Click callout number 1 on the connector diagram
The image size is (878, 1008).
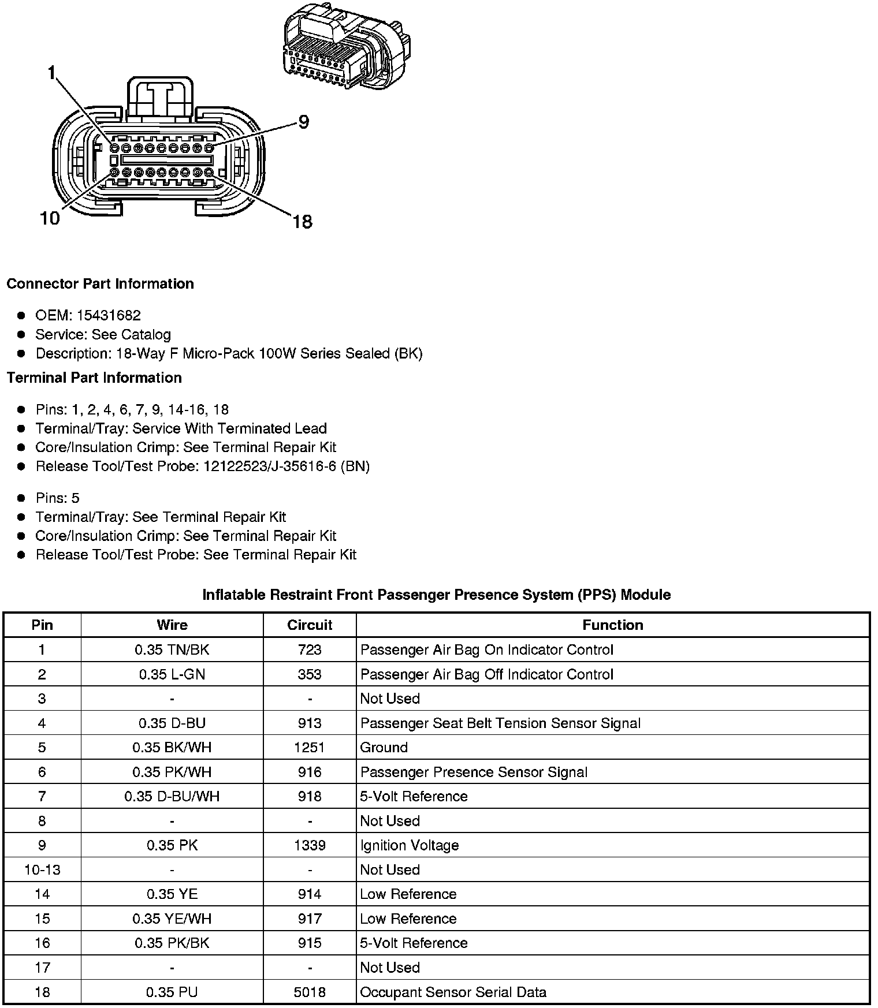coord(52,73)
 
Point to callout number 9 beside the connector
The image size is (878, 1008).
coord(303,122)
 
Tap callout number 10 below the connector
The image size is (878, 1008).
coord(50,219)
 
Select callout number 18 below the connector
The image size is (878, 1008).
coord(302,222)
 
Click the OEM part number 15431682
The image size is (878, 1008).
coord(109,315)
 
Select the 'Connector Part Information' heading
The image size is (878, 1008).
coord(100,283)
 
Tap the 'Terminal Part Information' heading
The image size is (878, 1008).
coord(94,378)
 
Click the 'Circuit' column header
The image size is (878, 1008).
coord(310,625)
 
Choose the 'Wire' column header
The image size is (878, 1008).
coord(172,625)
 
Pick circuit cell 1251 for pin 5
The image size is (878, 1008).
coord(310,747)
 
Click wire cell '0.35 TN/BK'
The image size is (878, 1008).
coord(172,649)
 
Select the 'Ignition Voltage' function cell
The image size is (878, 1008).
coord(410,845)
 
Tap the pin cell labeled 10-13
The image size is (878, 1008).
coord(42,869)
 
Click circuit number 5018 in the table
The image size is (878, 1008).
coord(310,992)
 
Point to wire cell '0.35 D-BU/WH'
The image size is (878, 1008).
coord(172,796)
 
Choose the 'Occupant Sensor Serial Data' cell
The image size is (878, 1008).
coord(453,992)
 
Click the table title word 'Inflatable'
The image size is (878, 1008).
coord(233,595)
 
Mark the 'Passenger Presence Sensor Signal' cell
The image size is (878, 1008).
coord(474,772)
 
